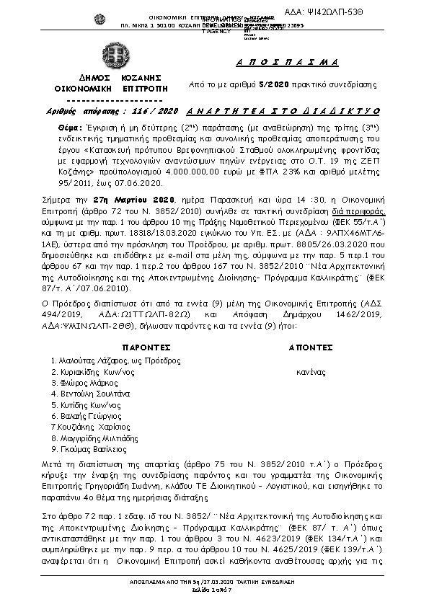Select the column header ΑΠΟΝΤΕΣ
tap(311, 346)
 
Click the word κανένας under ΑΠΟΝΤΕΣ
tap(311, 373)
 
